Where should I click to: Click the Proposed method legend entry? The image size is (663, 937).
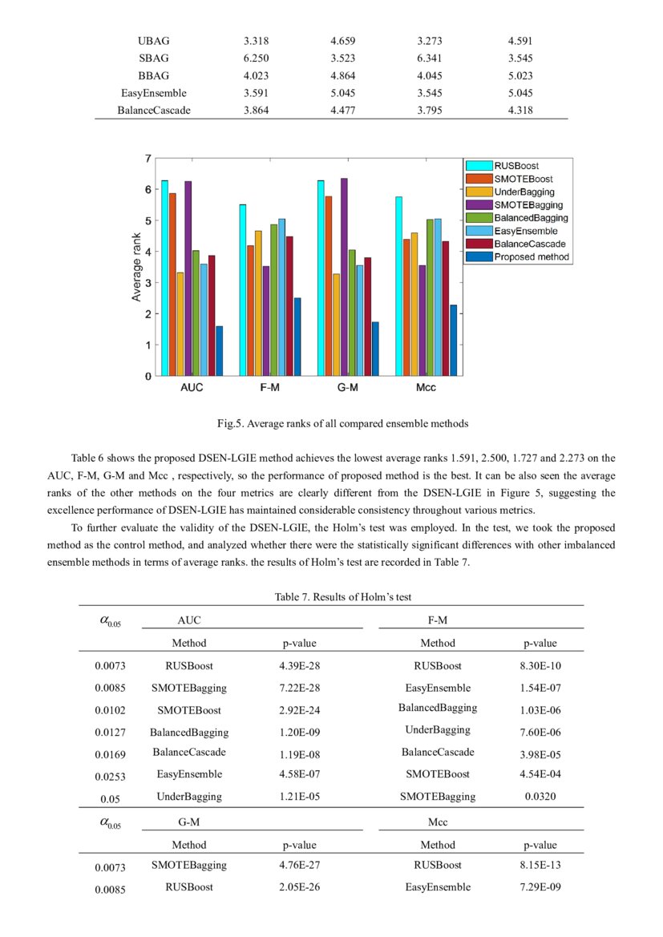coord(531,257)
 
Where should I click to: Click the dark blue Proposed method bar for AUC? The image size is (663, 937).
coord(220,350)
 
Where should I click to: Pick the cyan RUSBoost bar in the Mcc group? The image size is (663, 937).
coord(398,285)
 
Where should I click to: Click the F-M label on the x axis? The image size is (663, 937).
coord(269,388)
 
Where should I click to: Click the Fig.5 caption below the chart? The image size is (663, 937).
coord(331,422)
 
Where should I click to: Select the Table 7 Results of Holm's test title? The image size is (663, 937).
coord(331,597)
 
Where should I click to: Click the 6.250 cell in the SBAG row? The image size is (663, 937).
coord(256,59)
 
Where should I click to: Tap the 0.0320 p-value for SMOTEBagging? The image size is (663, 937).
coord(540,797)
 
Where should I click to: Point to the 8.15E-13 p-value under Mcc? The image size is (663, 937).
coord(540,866)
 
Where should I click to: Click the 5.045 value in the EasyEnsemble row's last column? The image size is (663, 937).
coord(519,93)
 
